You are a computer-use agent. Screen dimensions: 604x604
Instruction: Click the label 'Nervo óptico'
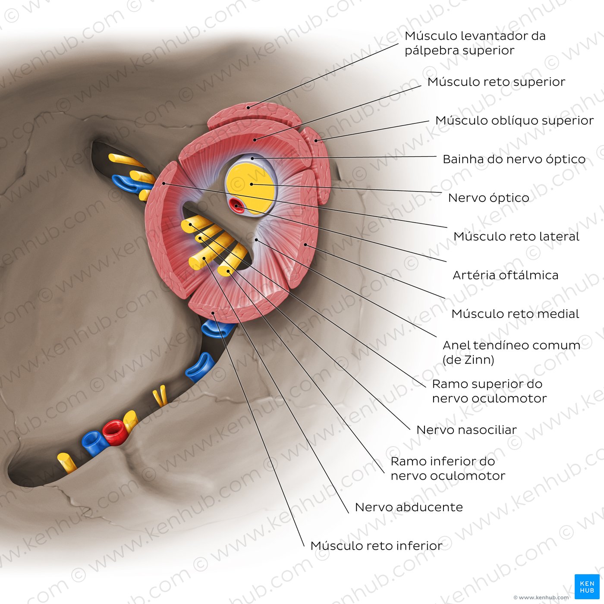pyautogui.click(x=489, y=198)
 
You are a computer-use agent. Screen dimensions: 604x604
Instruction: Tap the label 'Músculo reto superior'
pyautogui.click(x=496, y=82)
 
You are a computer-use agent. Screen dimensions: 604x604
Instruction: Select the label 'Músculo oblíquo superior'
pyautogui.click(x=514, y=120)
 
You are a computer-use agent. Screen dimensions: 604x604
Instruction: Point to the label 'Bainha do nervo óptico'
pyautogui.click(x=514, y=159)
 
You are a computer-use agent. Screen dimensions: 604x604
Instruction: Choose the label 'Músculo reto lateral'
pyautogui.click(x=516, y=236)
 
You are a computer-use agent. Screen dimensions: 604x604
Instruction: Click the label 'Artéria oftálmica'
pyautogui.click(x=506, y=275)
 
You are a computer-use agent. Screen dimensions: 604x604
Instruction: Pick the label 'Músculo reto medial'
pyautogui.click(x=515, y=314)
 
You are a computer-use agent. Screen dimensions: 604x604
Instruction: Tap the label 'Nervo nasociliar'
pyautogui.click(x=466, y=430)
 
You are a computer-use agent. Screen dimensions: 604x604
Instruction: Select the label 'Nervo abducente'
pyautogui.click(x=409, y=507)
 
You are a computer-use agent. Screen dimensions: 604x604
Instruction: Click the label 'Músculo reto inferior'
pyautogui.click(x=376, y=546)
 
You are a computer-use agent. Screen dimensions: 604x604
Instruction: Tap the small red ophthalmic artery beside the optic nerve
pyautogui.click(x=237, y=206)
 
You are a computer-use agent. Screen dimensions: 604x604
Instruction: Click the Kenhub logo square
pyautogui.click(x=587, y=586)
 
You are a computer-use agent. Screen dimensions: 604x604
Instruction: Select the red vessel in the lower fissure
pyautogui.click(x=115, y=432)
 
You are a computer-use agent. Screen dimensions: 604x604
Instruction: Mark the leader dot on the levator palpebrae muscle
pyautogui.click(x=248, y=107)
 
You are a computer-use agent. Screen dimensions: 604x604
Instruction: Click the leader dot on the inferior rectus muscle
pyautogui.click(x=213, y=313)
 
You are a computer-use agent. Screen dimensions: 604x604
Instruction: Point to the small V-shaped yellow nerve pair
pyautogui.click(x=160, y=396)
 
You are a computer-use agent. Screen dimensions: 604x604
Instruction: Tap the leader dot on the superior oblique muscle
pyautogui.click(x=316, y=141)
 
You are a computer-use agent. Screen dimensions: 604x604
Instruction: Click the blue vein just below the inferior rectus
pyautogui.click(x=217, y=329)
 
